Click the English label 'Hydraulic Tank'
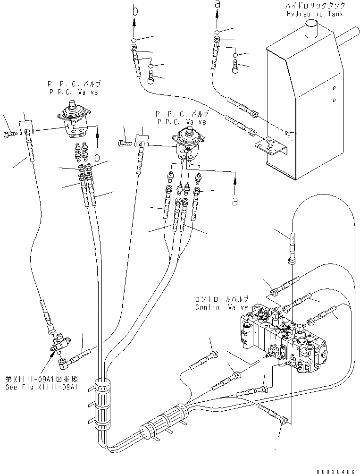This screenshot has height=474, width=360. (x=315, y=14)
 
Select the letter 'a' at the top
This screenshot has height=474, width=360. (x=218, y=4)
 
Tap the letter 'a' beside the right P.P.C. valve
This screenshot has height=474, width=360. (x=234, y=201)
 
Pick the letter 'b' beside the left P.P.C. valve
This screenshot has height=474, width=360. (x=97, y=155)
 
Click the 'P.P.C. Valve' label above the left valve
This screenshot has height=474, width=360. (x=73, y=92)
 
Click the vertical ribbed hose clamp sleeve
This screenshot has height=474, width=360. (x=102, y=403)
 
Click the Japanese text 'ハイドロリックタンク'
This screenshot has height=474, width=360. (x=315, y=6)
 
